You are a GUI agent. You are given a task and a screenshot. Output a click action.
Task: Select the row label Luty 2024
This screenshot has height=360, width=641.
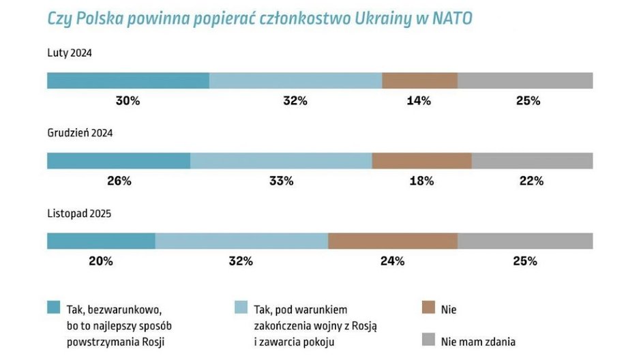(70, 52)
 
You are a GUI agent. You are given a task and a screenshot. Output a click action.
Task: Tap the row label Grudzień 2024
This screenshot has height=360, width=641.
(80, 133)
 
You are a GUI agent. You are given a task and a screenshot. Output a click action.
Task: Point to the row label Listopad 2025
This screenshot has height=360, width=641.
(79, 213)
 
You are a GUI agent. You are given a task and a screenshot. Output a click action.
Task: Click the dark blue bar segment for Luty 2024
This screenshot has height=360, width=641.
(128, 80)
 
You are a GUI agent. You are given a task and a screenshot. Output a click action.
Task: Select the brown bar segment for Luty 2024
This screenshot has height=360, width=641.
(419, 80)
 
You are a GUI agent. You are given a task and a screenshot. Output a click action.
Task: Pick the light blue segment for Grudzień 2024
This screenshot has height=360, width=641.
(281, 161)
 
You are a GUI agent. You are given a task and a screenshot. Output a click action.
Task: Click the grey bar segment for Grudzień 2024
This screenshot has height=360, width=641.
(532, 161)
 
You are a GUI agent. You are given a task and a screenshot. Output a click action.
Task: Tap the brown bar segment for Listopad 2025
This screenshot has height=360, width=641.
(393, 241)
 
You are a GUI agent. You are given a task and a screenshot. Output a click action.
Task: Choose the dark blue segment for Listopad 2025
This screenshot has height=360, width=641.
(101, 241)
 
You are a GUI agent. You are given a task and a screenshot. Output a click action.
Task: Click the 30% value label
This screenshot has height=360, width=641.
(128, 101)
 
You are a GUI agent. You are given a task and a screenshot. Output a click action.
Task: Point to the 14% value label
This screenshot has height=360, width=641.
(419, 101)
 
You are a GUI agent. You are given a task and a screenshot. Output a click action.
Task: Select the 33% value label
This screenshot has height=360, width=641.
(281, 181)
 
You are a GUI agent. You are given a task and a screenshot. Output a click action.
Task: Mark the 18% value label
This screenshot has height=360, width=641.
(421, 181)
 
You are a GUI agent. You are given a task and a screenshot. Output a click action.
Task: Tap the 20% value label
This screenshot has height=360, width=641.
(101, 261)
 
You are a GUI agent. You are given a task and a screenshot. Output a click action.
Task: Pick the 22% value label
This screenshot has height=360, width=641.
(531, 181)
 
